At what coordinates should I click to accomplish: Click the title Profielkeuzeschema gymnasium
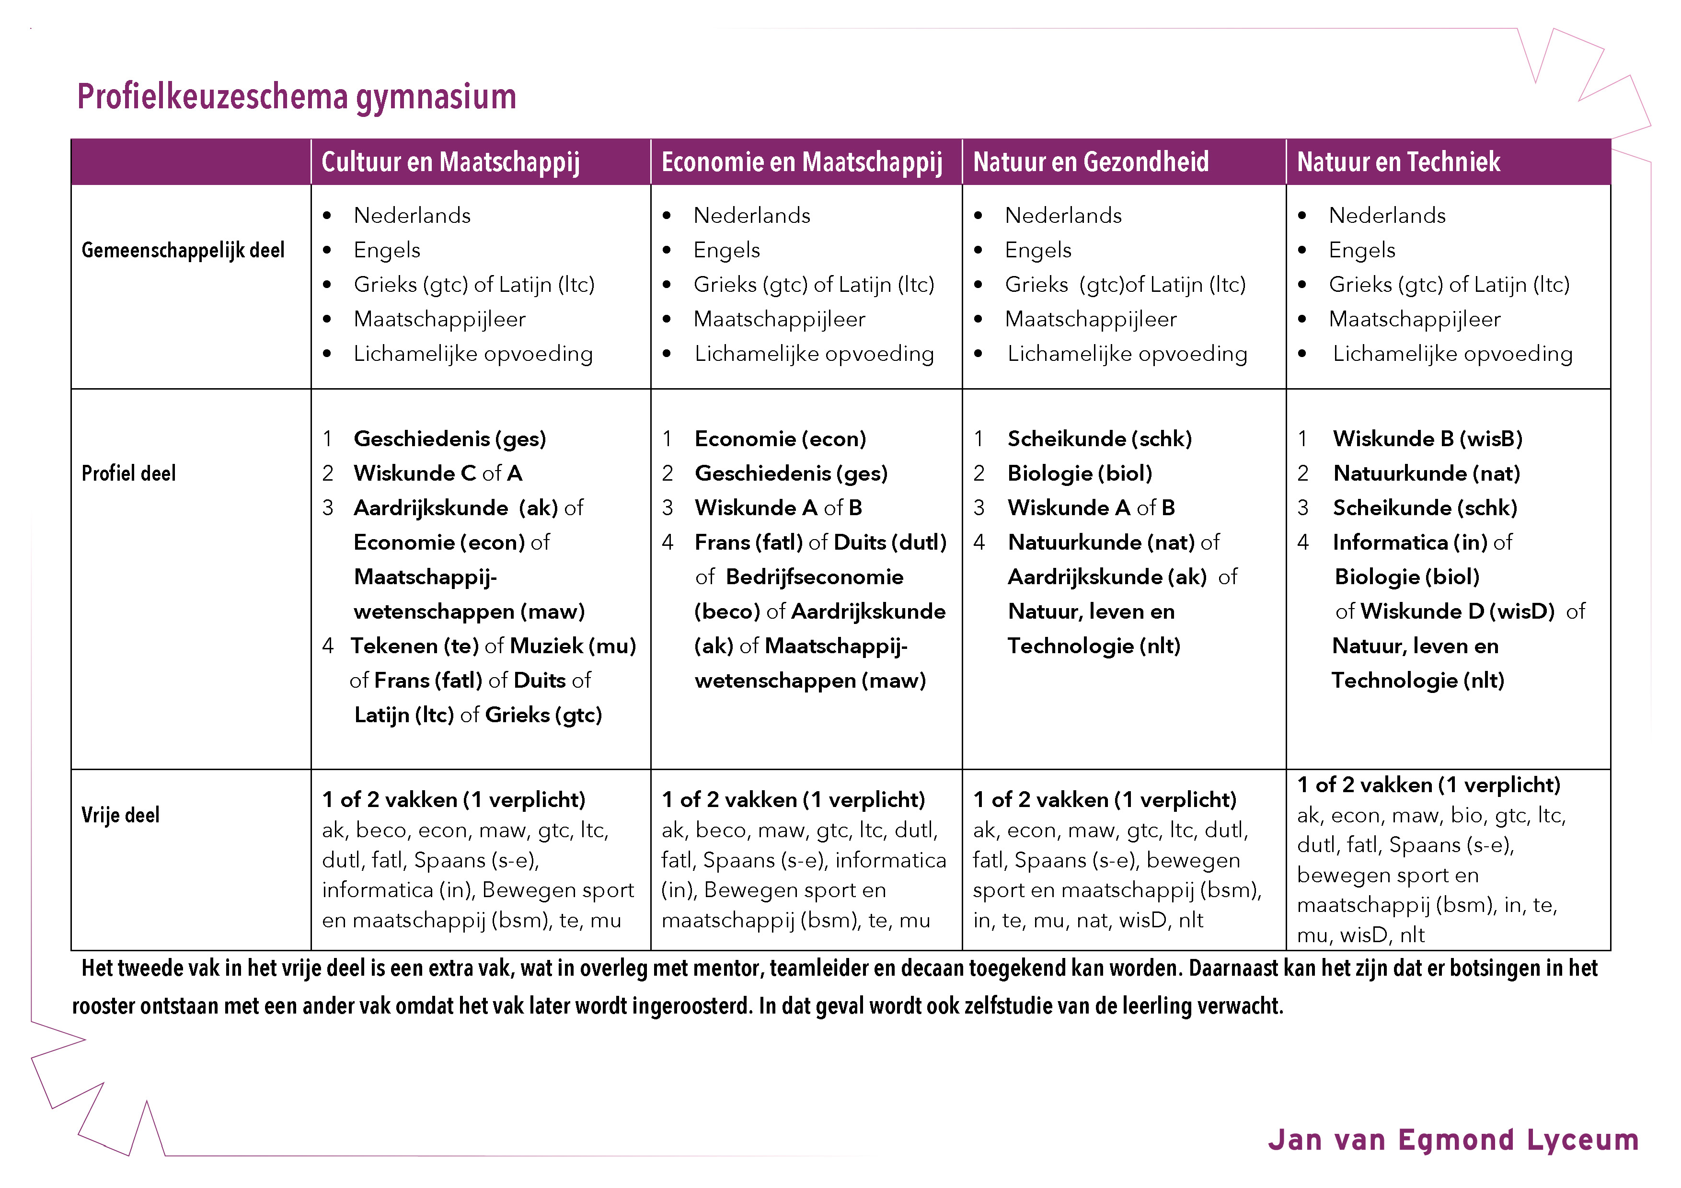(297, 97)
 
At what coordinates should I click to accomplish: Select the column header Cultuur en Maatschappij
(450, 162)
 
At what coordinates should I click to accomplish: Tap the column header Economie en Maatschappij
(802, 162)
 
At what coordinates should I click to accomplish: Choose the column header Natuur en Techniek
(1398, 162)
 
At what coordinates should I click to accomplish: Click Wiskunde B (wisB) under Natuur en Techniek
(1427, 438)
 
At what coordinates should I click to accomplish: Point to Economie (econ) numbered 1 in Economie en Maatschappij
(780, 438)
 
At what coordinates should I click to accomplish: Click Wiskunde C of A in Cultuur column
(438, 473)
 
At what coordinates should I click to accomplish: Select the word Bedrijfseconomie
(814, 577)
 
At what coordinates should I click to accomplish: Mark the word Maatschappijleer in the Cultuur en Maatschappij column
(439, 319)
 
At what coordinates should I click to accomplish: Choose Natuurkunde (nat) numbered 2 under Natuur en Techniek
(1426, 473)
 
